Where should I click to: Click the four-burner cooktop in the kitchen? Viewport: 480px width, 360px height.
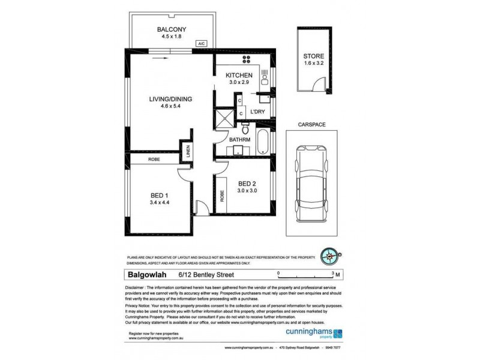[x=247, y=60]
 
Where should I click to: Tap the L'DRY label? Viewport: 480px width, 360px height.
[x=258, y=112]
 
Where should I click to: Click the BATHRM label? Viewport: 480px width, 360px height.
[x=240, y=140]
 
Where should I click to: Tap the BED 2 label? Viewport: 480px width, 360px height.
[x=248, y=183]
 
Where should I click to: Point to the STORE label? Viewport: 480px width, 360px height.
[x=313, y=57]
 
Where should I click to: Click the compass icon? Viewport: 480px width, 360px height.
[x=329, y=256]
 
